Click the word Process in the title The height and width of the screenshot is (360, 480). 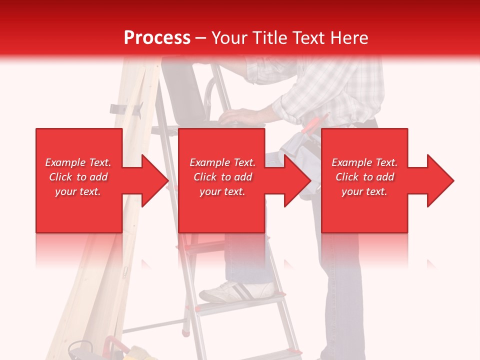(x=157, y=38)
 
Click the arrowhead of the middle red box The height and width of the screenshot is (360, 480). (x=296, y=180)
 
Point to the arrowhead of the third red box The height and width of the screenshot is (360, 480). (x=439, y=180)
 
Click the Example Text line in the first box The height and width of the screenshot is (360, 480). (x=78, y=162)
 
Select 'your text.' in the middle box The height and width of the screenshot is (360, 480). (x=222, y=191)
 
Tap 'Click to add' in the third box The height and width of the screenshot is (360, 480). (x=365, y=177)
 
